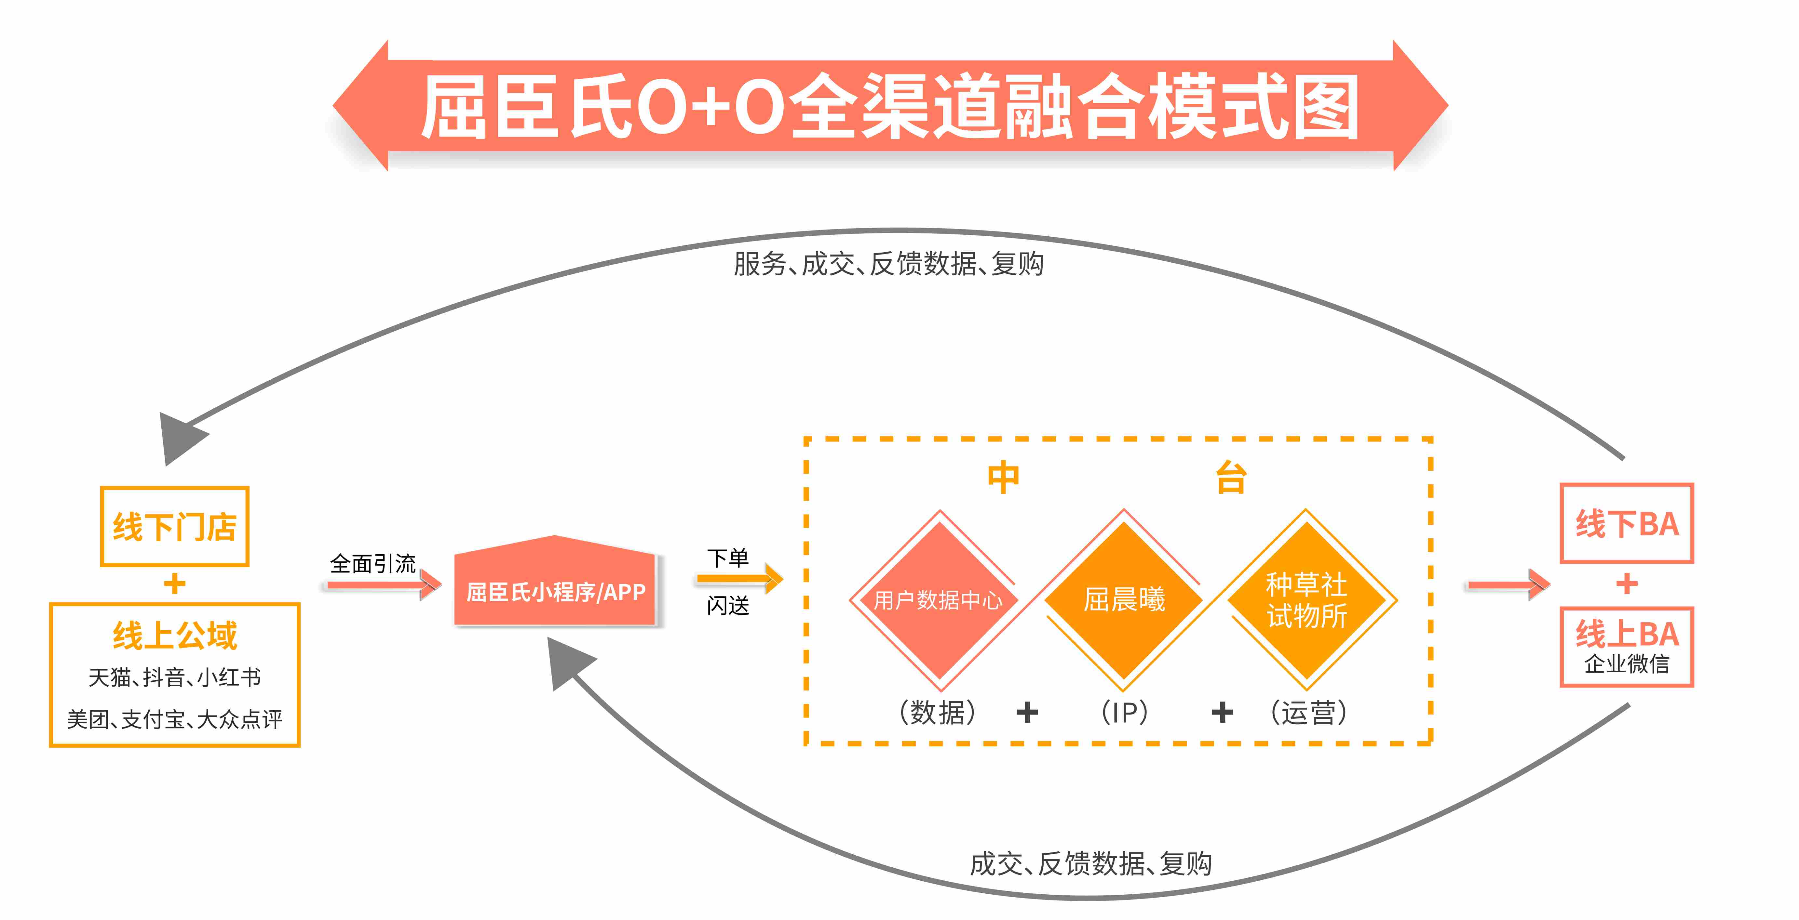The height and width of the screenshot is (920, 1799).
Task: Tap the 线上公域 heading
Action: (x=175, y=635)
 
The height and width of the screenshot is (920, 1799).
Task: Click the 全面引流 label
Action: (x=373, y=563)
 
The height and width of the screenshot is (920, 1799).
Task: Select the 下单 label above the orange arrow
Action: (x=728, y=558)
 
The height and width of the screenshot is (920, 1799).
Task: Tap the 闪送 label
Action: (x=728, y=605)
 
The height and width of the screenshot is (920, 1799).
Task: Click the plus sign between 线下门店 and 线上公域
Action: (x=175, y=584)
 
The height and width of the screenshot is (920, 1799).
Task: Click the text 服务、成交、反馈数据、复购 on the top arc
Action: (x=888, y=264)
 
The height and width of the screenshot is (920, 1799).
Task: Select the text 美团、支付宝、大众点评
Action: (x=175, y=719)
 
